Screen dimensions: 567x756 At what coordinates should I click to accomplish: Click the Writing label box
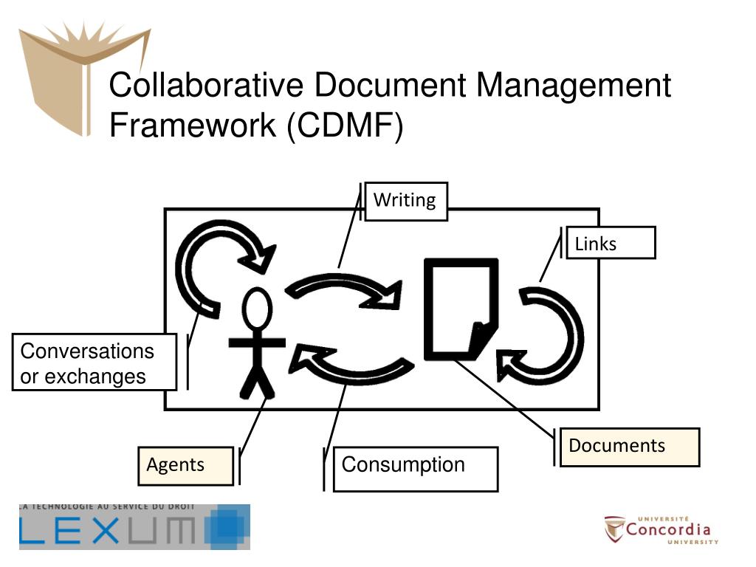click(405, 201)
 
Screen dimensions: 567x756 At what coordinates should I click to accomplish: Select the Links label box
click(611, 243)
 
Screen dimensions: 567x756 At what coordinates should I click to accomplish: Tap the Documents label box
click(629, 447)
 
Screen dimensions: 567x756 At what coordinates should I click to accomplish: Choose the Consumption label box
click(415, 469)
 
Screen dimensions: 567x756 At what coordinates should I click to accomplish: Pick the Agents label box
click(185, 466)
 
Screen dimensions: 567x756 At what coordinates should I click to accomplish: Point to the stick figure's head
click(258, 311)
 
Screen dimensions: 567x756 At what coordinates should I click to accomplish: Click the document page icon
click(458, 306)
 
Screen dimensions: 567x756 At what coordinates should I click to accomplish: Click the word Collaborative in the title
click(206, 85)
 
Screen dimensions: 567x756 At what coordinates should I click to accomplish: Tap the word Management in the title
click(573, 85)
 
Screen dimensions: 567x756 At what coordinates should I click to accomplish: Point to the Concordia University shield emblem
click(614, 529)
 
